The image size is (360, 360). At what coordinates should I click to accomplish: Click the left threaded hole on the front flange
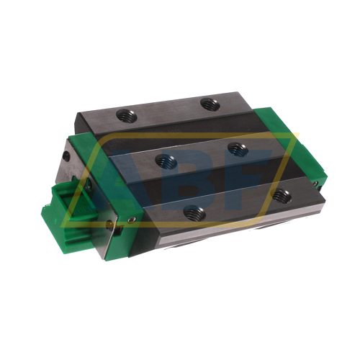point(191,212)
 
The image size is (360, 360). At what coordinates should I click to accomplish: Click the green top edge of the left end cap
point(94,140)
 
